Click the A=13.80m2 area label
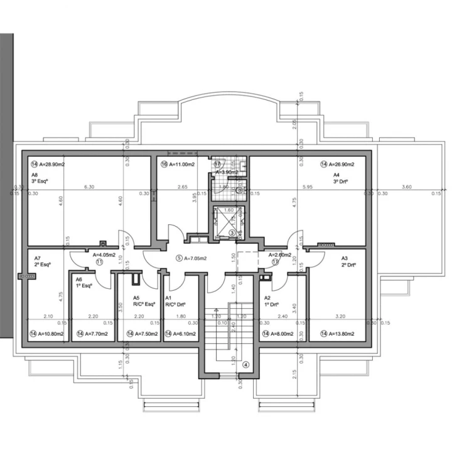pyautogui.click(x=339, y=333)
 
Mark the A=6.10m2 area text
pyautogui.click(x=180, y=333)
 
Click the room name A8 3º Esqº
pyautogui.click(x=38, y=178)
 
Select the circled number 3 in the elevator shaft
pyautogui.click(x=232, y=233)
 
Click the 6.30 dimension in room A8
pyautogui.click(x=89, y=187)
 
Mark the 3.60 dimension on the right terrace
pyautogui.click(x=406, y=187)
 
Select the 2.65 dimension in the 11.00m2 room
pyautogui.click(x=182, y=187)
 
